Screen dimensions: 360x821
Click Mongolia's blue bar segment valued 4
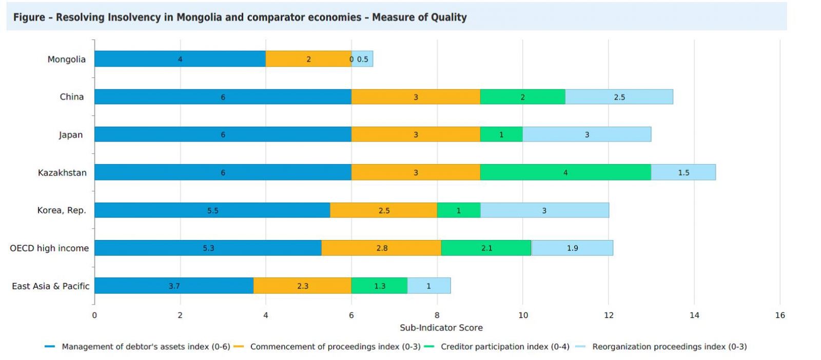pyautogui.click(x=180, y=59)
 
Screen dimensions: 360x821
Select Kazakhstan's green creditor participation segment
pyautogui.click(x=565, y=172)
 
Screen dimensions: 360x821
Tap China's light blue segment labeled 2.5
pyautogui.click(x=619, y=97)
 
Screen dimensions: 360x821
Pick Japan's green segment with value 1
pyautogui.click(x=501, y=134)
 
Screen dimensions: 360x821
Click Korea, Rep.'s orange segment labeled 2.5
pyautogui.click(x=384, y=210)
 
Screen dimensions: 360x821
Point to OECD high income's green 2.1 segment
pyautogui.click(x=486, y=248)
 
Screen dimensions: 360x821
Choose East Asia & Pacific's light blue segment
pyautogui.click(x=429, y=286)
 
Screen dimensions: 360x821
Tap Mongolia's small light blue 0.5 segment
pyautogui.click(x=363, y=59)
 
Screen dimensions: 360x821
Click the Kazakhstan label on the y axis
pyautogui.click(x=62, y=173)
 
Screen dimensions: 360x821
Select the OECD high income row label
pyautogui.click(x=49, y=248)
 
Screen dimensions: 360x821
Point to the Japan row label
pyautogui.click(x=70, y=135)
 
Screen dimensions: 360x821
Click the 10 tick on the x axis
pyautogui.click(x=523, y=315)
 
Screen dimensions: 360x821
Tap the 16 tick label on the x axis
pyautogui.click(x=780, y=315)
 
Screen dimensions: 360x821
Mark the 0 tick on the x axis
pyautogui.click(x=94, y=315)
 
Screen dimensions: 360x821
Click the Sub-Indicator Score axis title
pyautogui.click(x=441, y=328)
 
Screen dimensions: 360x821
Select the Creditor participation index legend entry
pyautogui.click(x=505, y=347)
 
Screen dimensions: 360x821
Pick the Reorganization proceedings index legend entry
pyautogui.click(x=669, y=347)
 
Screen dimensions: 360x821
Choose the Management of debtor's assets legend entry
pyautogui.click(x=146, y=347)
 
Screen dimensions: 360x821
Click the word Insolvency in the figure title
pyautogui.click(x=134, y=17)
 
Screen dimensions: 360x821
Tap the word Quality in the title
pyautogui.click(x=449, y=17)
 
